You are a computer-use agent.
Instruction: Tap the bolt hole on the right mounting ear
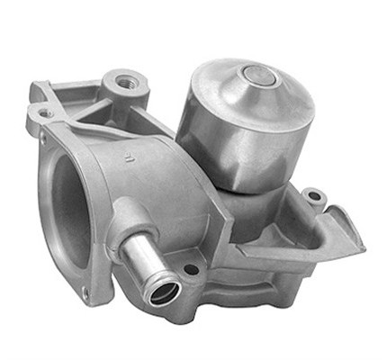[311, 195]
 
